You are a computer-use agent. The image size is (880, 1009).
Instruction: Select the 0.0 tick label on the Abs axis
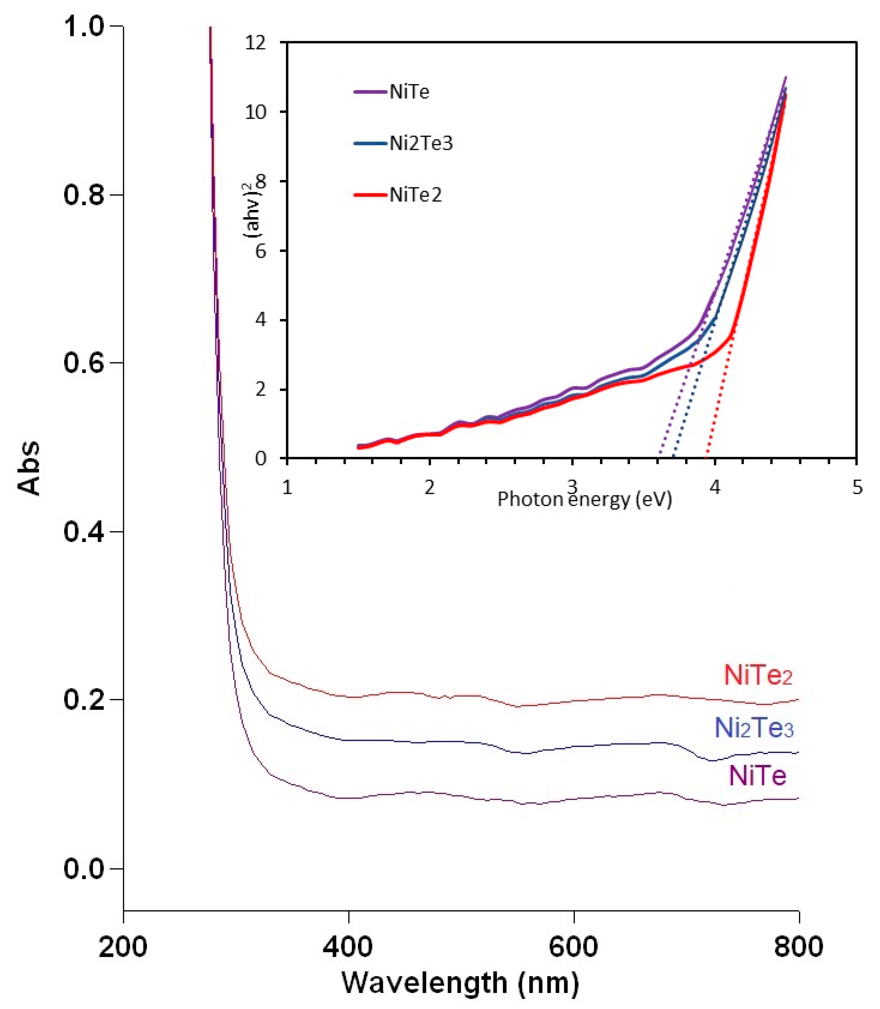click(85, 869)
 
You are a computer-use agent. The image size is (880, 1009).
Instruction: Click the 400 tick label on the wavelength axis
click(348, 946)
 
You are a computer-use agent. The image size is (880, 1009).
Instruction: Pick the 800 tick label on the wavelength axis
click(799, 946)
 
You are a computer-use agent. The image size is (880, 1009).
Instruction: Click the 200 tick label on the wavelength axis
click(123, 946)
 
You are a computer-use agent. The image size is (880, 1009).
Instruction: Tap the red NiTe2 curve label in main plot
click(758, 675)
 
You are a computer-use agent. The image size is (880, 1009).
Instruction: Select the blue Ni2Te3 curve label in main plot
click(754, 728)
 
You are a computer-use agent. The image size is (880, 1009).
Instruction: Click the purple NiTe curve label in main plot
click(758, 776)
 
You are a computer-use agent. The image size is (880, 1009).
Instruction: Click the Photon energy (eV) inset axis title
click(584, 499)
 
